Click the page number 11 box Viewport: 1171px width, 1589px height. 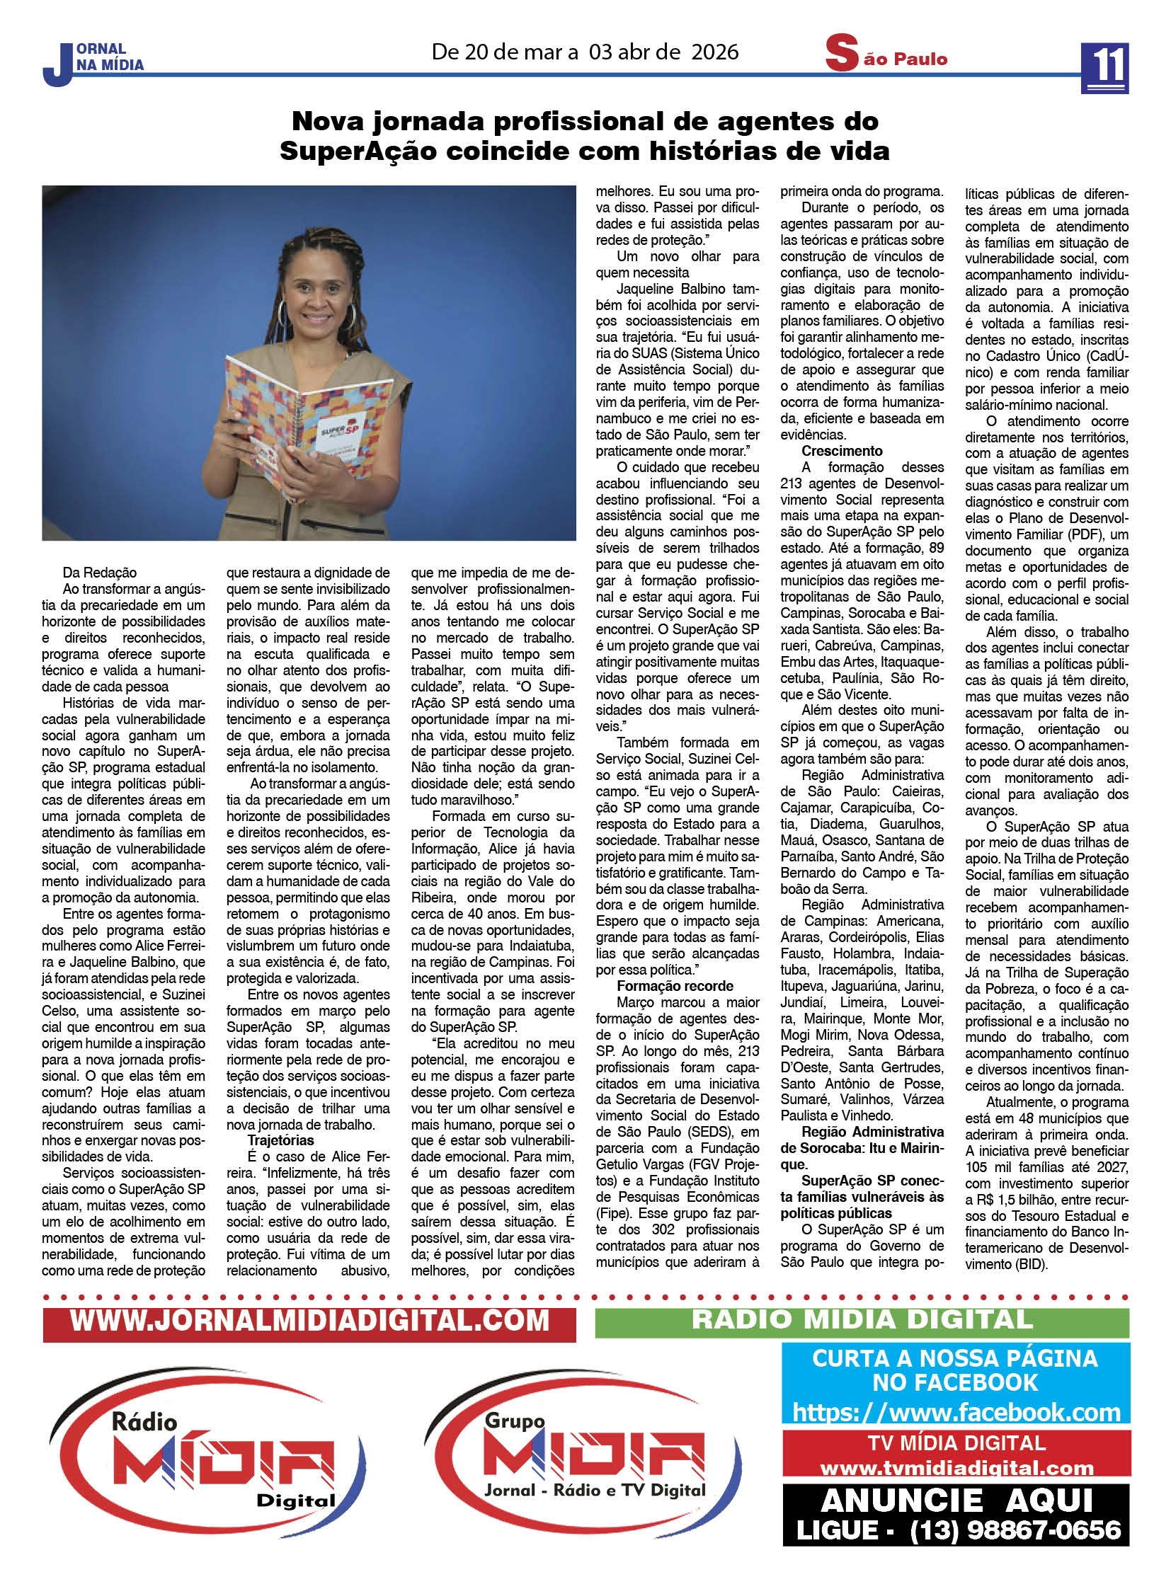point(1104,67)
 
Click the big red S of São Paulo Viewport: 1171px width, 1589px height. point(840,55)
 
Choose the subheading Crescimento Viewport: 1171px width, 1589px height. point(841,451)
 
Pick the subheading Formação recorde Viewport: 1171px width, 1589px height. point(675,986)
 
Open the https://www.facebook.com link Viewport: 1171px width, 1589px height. point(956,1412)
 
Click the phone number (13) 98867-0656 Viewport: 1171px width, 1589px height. point(1015,1530)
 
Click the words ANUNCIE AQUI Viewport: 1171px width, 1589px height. point(956,1500)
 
